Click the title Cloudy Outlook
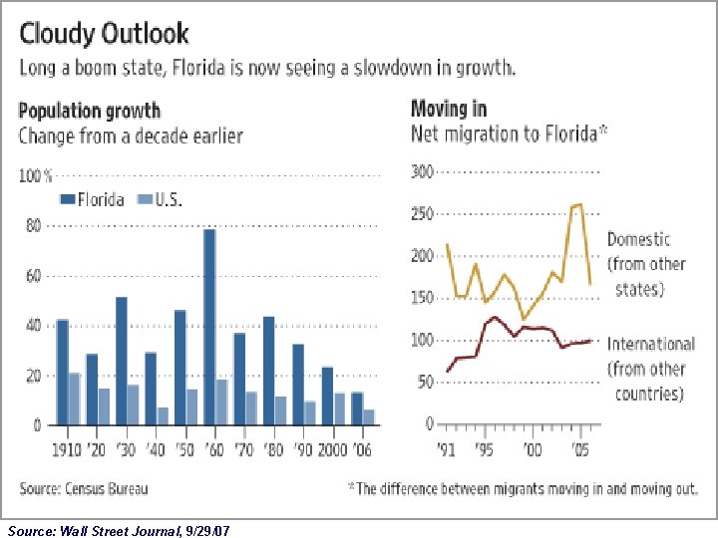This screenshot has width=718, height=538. (x=104, y=34)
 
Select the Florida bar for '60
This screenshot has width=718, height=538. (x=209, y=328)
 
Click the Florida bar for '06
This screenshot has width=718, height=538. (x=357, y=408)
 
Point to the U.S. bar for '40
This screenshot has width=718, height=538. (x=163, y=416)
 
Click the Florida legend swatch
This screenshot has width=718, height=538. (x=68, y=199)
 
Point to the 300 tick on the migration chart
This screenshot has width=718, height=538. (x=422, y=172)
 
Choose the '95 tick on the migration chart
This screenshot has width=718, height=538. (x=485, y=449)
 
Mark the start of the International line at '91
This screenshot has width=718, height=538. (x=447, y=371)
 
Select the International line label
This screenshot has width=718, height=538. (x=650, y=369)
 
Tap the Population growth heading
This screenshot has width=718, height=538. (x=89, y=111)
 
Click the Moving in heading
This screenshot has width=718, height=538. (x=449, y=109)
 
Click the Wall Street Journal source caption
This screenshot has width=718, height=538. (x=119, y=529)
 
